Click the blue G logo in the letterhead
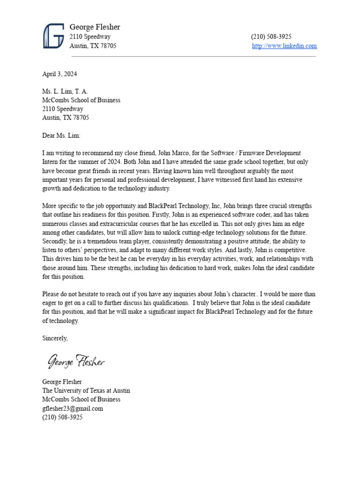click(53, 36)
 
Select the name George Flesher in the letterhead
click(95, 27)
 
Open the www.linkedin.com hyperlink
click(284, 46)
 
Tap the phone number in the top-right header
click(271, 37)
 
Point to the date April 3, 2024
click(60, 74)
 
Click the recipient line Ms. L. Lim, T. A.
click(65, 91)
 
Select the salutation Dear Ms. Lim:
click(61, 135)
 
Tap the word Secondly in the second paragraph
click(55, 241)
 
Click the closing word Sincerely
click(55, 338)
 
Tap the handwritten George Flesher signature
click(76, 361)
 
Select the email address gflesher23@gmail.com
click(73, 408)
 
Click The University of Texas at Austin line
click(86, 390)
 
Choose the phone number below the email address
click(62, 417)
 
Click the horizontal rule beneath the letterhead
click(193, 57)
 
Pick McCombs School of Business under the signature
click(81, 399)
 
